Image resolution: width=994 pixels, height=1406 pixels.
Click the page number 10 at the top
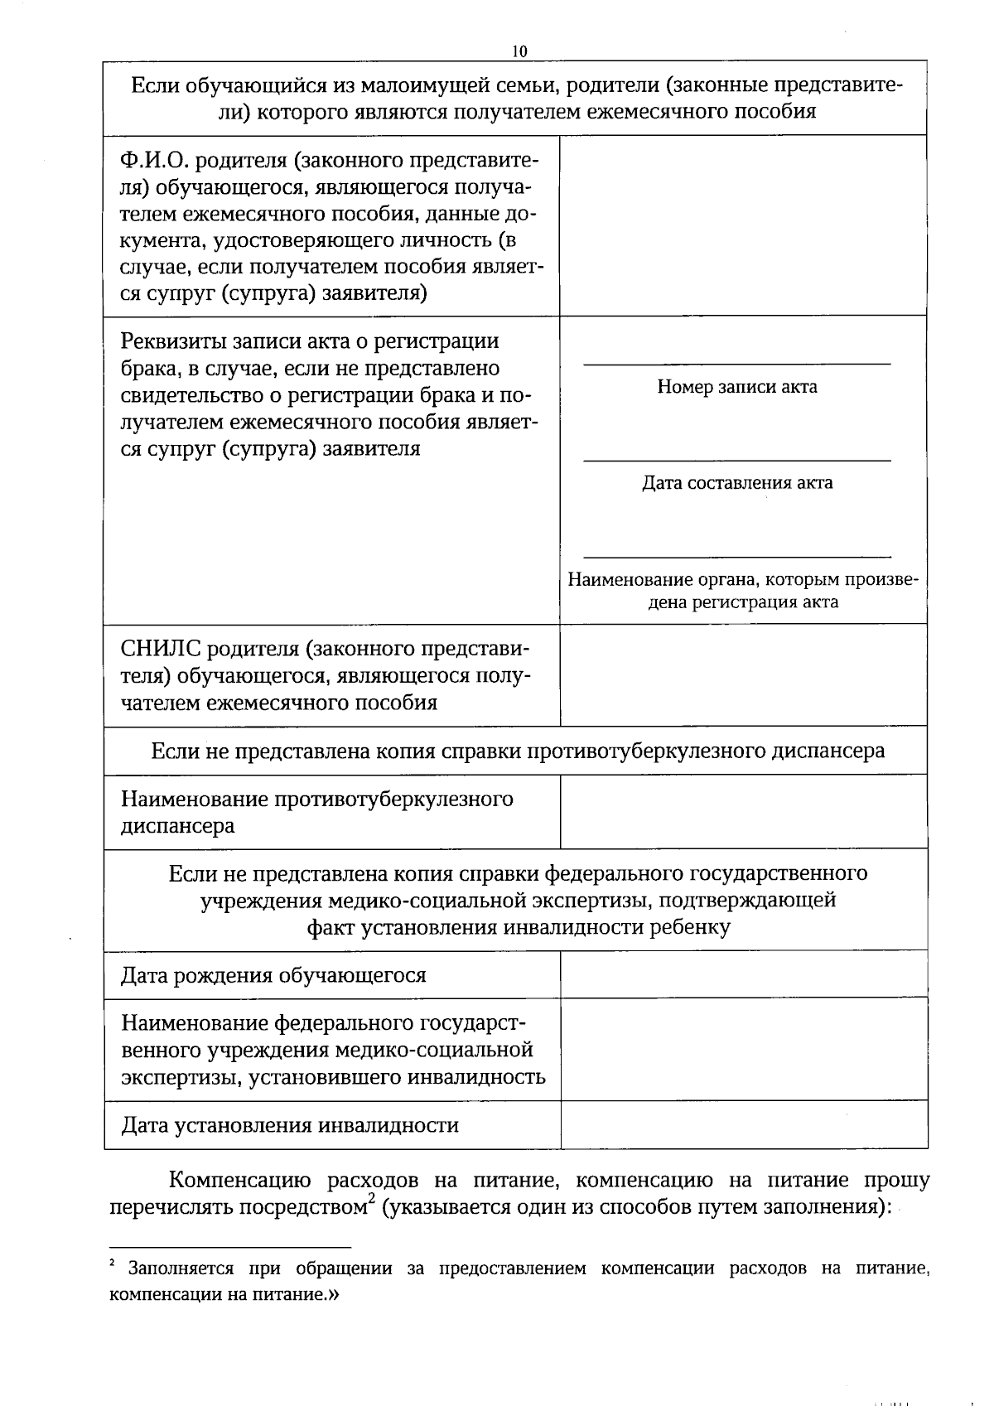coord(519,51)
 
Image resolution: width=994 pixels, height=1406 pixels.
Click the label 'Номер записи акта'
coord(736,387)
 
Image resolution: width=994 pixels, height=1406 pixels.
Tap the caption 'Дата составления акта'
coord(736,483)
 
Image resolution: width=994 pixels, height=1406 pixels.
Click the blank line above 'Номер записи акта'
coord(736,364)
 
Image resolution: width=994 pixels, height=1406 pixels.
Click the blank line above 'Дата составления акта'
coord(736,460)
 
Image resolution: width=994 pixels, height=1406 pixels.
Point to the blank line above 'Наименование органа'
coord(736,557)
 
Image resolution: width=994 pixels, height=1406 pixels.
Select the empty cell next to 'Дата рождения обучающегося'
coord(743,974)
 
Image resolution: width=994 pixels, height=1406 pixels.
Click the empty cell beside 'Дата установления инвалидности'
coord(743,1125)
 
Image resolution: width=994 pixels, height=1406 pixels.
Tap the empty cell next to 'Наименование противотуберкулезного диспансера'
coord(743,812)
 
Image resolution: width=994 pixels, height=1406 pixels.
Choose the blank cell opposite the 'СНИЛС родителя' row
coord(743,675)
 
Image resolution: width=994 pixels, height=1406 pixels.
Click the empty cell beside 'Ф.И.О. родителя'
coord(743,225)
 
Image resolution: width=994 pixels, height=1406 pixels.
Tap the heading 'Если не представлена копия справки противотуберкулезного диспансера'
coord(517,751)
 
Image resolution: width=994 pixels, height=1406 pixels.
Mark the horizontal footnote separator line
coord(230,1247)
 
